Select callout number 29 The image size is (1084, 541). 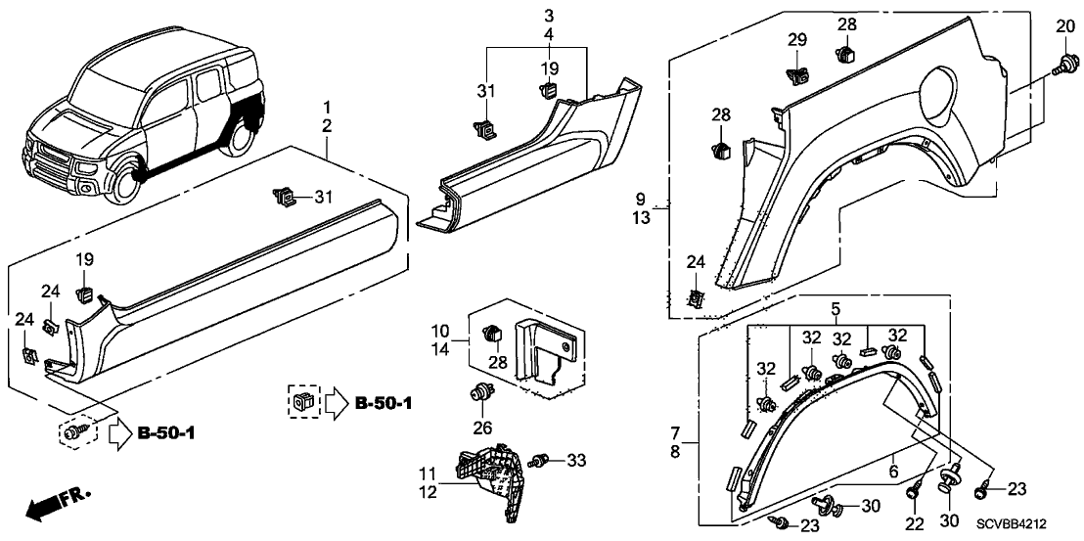coord(797,39)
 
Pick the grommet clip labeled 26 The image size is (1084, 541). coord(480,396)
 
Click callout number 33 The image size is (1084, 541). coord(576,460)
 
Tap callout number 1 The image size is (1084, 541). coord(328,106)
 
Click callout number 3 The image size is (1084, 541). coord(549,16)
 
